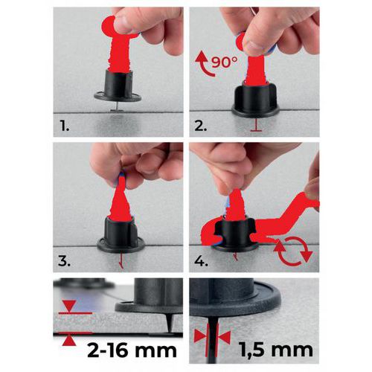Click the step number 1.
click(x=65, y=126)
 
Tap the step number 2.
click(x=201, y=126)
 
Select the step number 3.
click(x=64, y=261)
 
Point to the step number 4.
click(x=201, y=261)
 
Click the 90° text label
click(x=225, y=62)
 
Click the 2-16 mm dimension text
click(x=132, y=350)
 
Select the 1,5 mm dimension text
click(x=276, y=350)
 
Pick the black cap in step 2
click(x=255, y=102)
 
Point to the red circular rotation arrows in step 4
click(x=293, y=251)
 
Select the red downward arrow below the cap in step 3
click(x=121, y=261)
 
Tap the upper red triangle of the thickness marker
click(x=69, y=306)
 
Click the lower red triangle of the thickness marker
click(x=69, y=341)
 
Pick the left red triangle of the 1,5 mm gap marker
click(x=200, y=336)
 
